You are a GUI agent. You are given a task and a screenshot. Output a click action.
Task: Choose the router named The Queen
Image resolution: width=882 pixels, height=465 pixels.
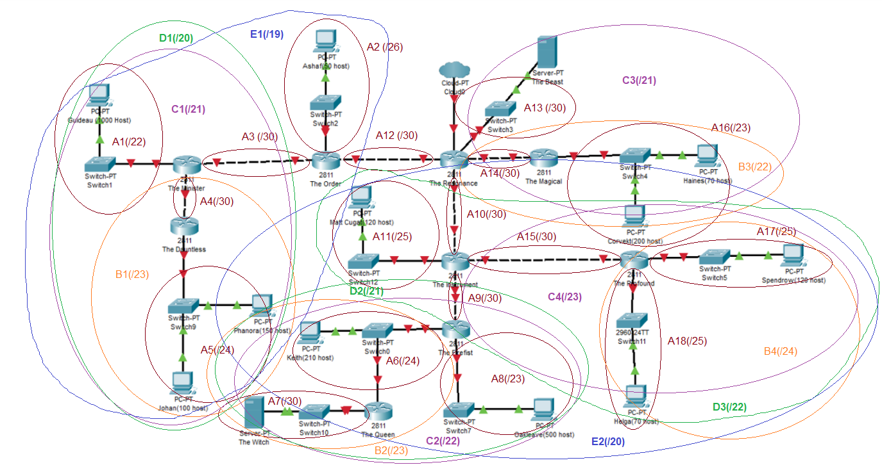[378, 412]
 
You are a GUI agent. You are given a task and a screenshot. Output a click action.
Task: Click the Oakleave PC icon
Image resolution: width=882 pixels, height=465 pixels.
[544, 409]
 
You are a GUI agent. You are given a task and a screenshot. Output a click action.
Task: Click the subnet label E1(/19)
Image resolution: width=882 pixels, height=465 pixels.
[266, 33]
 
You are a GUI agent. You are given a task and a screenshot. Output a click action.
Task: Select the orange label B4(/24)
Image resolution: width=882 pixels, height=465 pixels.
[780, 351]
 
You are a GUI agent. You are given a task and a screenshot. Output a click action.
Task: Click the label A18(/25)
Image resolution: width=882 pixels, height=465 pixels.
[687, 341]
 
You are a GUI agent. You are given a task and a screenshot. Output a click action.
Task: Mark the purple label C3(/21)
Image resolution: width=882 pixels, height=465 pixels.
[639, 81]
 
